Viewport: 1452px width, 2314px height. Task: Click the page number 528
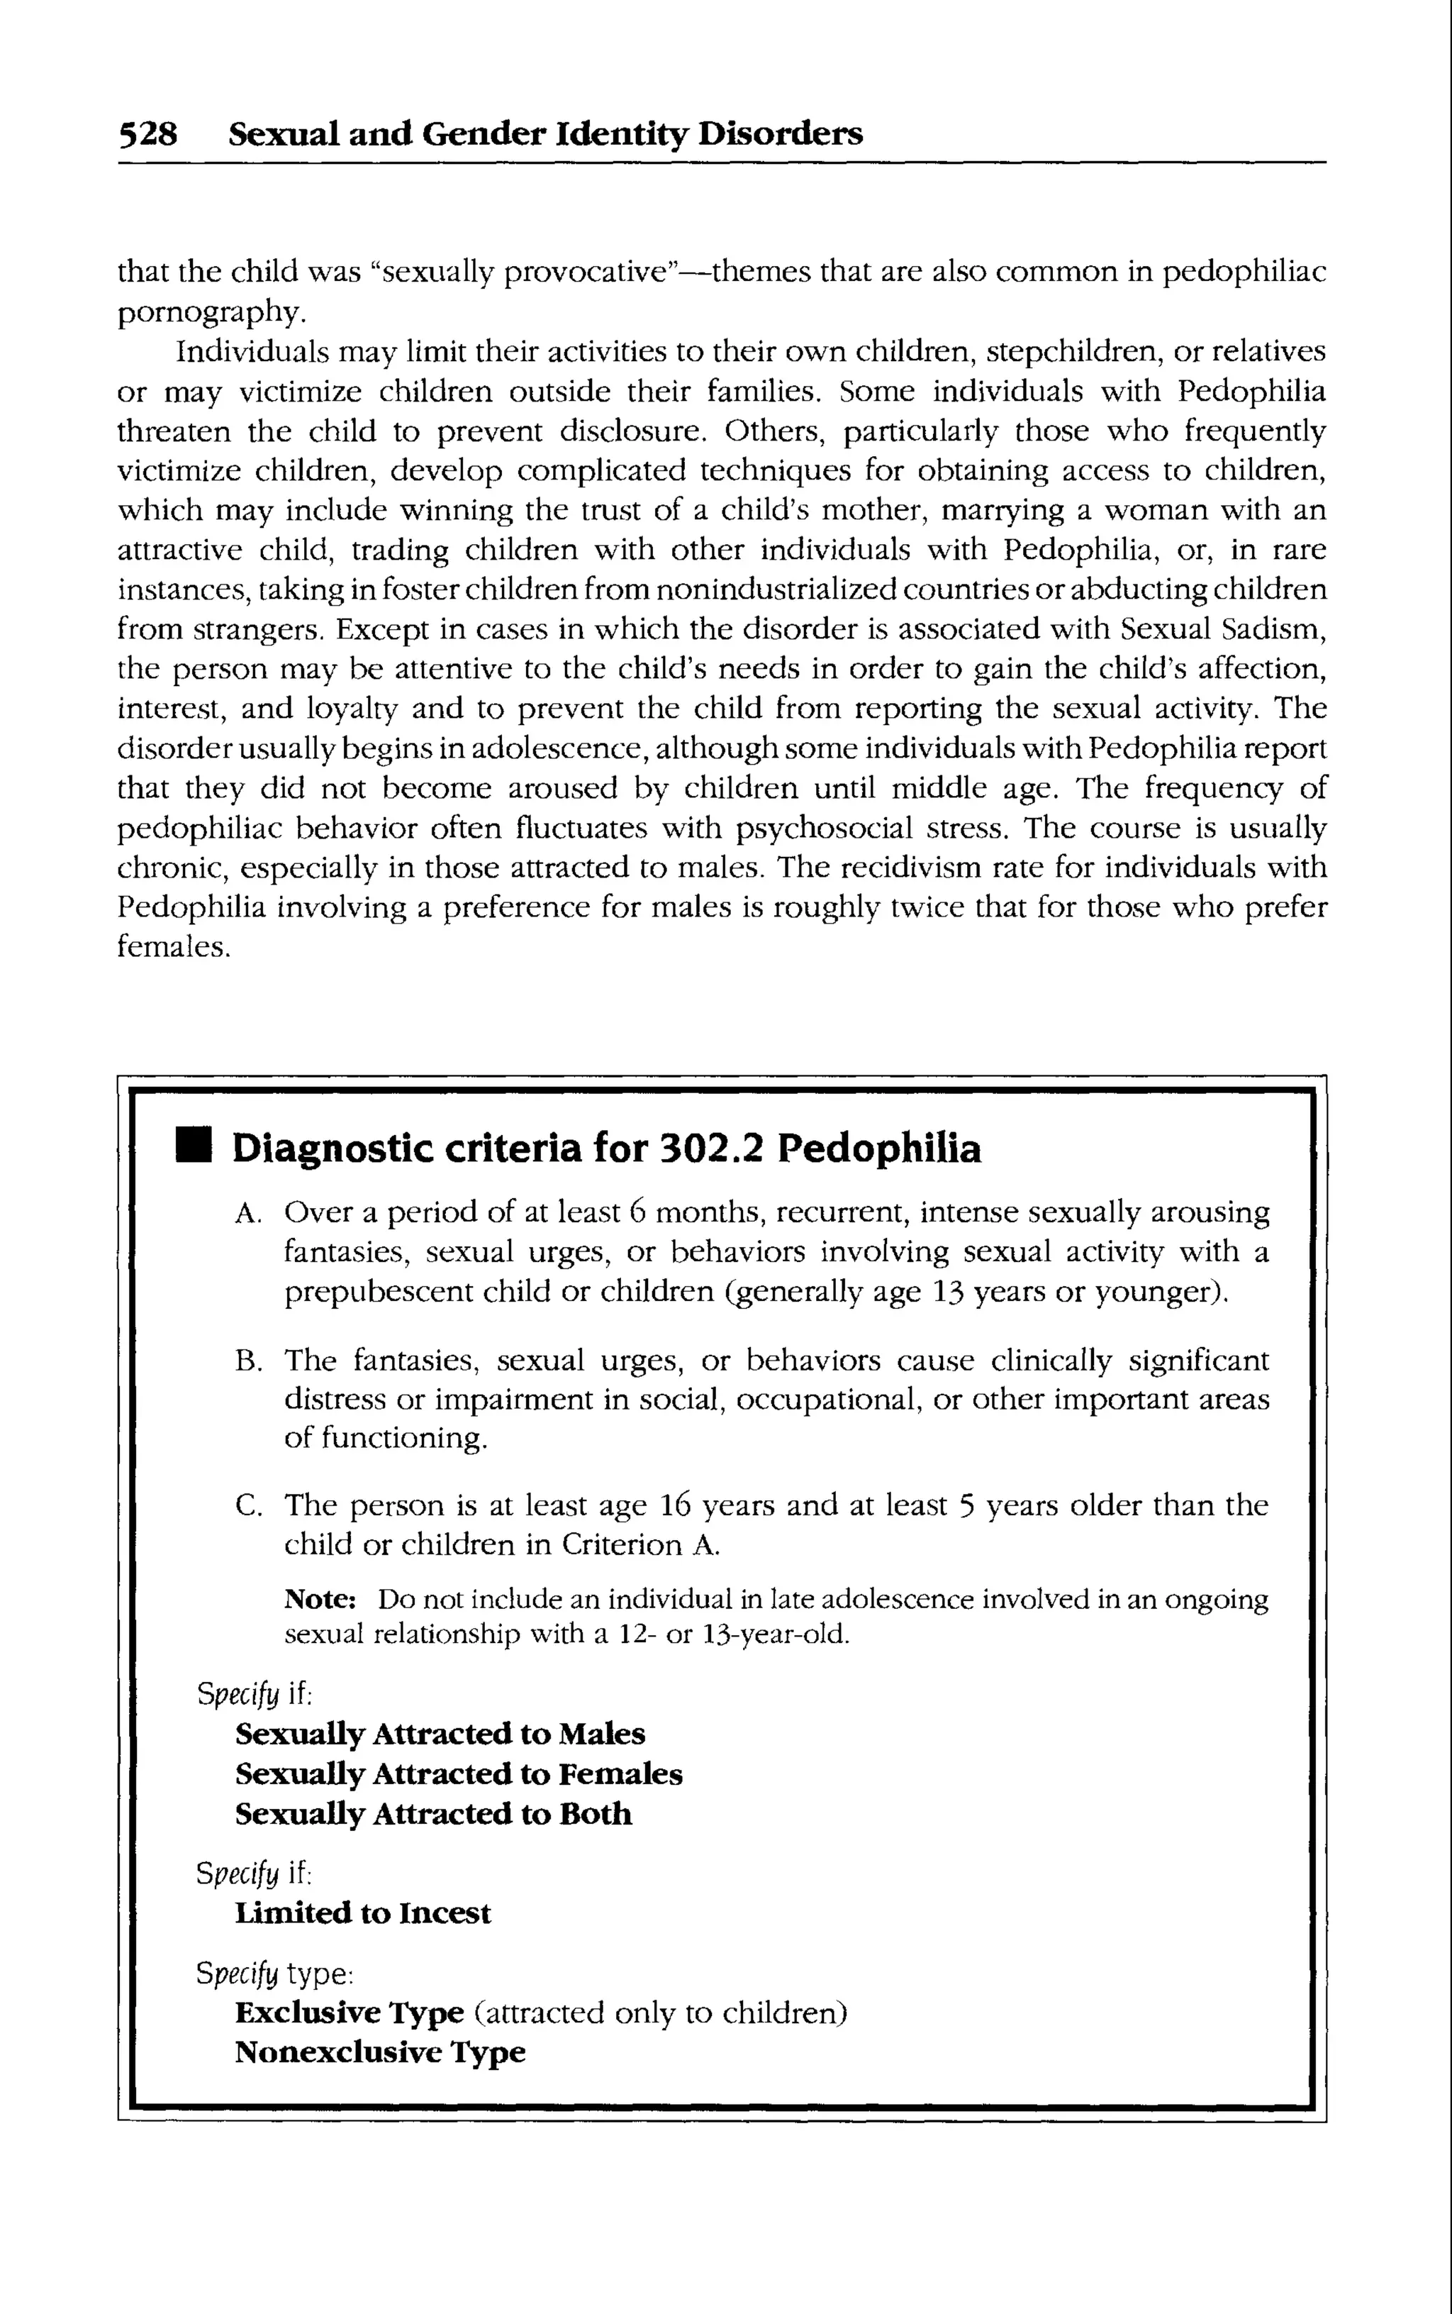click(x=148, y=133)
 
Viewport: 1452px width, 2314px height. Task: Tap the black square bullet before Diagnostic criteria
click(x=193, y=1147)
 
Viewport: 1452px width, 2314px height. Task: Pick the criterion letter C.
click(x=246, y=1506)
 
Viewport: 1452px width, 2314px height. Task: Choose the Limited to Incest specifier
click(x=362, y=1912)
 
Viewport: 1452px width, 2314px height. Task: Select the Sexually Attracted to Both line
click(x=433, y=1814)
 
